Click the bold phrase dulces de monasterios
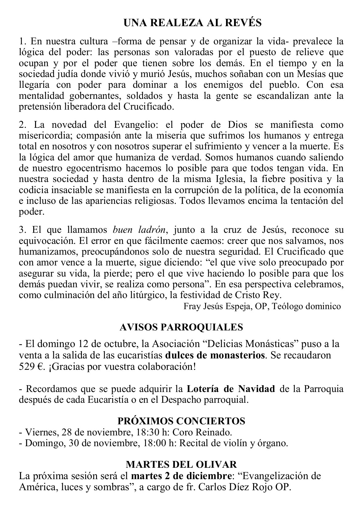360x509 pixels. tap(215, 355)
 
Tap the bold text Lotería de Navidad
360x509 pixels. tap(231, 389)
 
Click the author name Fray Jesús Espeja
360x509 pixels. tap(217, 306)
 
